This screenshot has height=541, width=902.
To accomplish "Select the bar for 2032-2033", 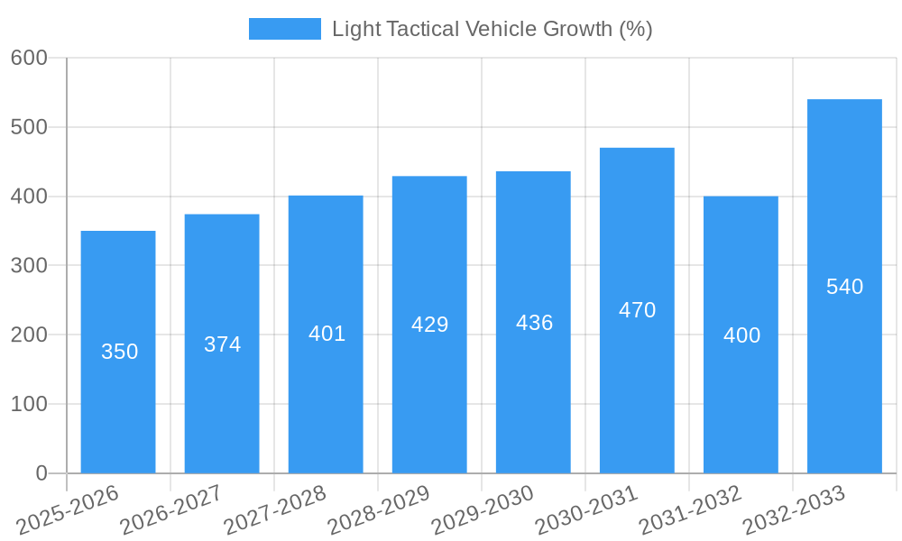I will (x=844, y=379).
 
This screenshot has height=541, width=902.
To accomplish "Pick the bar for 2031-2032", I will (x=741, y=406).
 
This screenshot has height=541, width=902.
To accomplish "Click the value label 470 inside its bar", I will (x=637, y=310).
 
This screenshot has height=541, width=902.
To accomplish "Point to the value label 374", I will (x=222, y=344).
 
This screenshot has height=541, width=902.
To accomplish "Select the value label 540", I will (x=844, y=287).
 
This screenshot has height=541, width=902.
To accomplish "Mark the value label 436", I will (x=534, y=323).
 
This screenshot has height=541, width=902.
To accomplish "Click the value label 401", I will (x=327, y=334).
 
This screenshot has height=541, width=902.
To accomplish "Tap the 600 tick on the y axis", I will (x=29, y=58).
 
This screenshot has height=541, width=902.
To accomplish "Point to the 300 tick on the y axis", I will (x=29, y=265).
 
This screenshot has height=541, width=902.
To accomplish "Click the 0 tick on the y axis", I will (x=41, y=473).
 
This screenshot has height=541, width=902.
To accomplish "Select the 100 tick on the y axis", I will (x=29, y=404).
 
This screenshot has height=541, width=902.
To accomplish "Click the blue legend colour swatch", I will (x=284, y=29).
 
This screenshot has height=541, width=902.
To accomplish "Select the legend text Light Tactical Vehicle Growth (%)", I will (x=492, y=29).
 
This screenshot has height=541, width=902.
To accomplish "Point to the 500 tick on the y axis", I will (x=29, y=127).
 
